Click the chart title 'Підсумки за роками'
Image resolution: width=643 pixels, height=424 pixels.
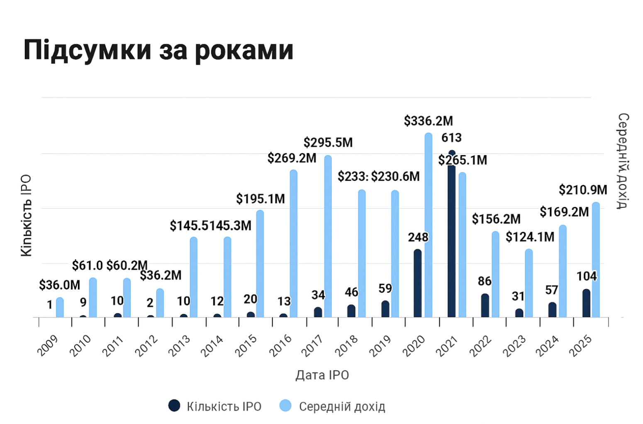158,50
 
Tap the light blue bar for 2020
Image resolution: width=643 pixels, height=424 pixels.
428,226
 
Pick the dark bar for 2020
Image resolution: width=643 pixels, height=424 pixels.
418,284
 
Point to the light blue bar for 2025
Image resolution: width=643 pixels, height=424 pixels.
596,260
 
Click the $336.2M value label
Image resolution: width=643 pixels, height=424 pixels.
428,121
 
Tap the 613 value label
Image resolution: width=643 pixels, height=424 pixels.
451,138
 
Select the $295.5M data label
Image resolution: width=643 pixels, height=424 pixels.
328,143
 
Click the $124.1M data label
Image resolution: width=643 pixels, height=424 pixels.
530,237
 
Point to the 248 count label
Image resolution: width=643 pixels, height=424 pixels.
418,237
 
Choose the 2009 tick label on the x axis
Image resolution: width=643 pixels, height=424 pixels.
48,346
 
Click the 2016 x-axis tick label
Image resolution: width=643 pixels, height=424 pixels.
280,346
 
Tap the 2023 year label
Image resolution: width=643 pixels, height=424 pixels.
514,346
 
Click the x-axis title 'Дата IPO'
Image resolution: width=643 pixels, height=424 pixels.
322,375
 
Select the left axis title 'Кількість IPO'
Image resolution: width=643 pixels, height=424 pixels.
26,215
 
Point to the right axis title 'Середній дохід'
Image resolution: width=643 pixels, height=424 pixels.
623,161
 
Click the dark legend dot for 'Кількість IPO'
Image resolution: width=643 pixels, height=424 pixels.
174,406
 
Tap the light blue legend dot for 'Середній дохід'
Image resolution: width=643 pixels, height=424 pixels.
285,406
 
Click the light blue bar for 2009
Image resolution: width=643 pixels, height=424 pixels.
60,308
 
